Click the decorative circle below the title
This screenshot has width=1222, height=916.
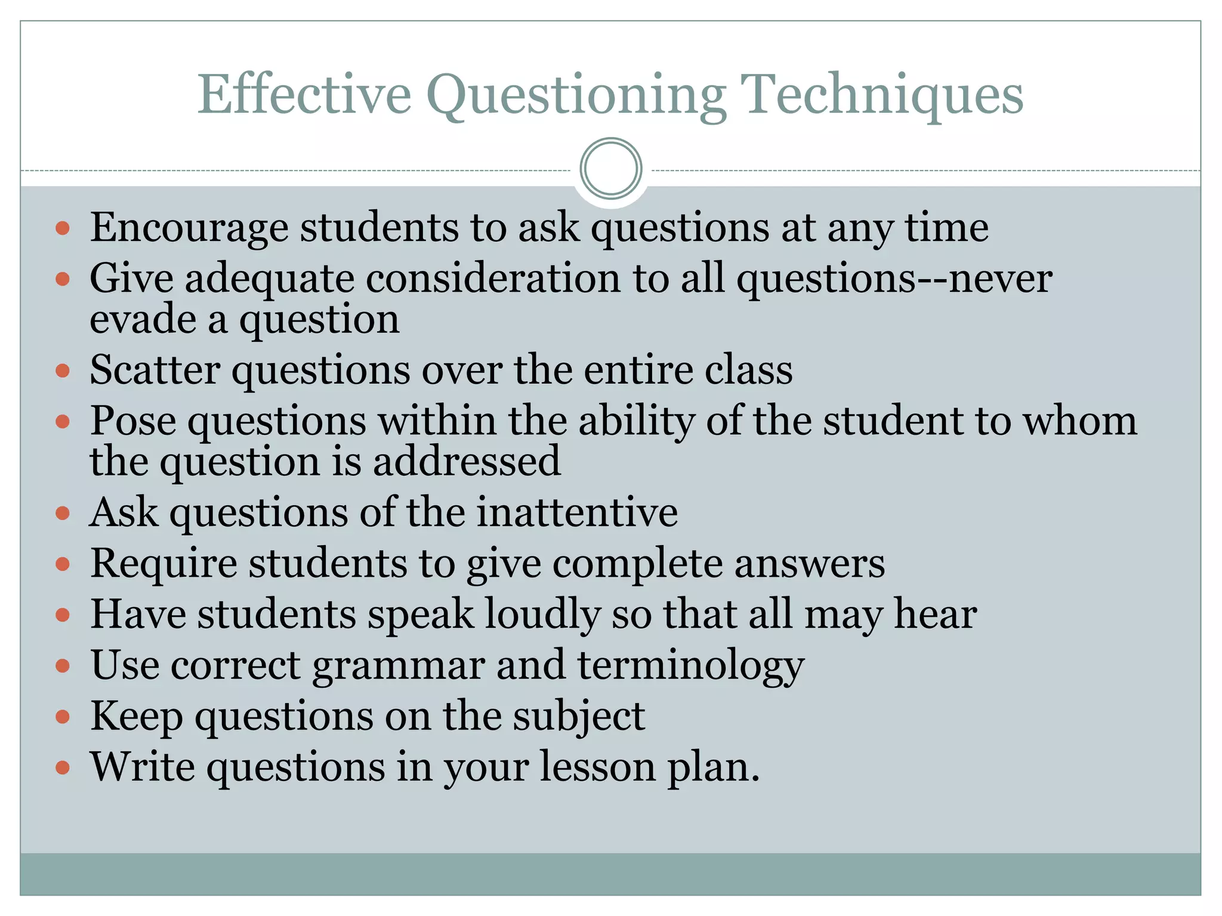(611, 169)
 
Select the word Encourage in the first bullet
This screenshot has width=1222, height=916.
(189, 228)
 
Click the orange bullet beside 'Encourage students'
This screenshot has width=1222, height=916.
(63, 228)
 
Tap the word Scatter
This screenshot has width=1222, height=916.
(155, 370)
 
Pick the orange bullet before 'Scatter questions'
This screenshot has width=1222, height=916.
(63, 371)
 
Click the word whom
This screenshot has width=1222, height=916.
(1080, 420)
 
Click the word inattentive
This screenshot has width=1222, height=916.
(578, 512)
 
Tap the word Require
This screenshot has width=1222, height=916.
(163, 563)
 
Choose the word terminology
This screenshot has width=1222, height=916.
(691, 666)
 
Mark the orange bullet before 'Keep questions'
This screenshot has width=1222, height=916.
(63, 716)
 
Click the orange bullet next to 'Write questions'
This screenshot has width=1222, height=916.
(63, 767)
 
